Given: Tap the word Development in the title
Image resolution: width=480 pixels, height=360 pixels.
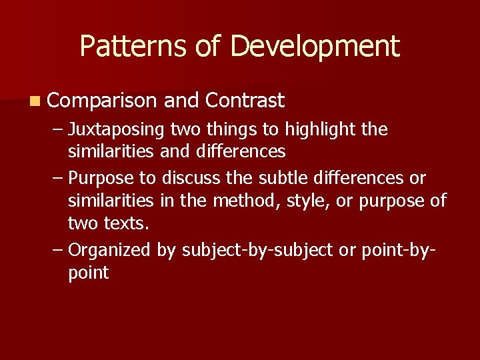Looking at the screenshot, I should tap(315, 47).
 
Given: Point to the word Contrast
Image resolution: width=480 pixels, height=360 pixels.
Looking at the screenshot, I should tap(245, 101).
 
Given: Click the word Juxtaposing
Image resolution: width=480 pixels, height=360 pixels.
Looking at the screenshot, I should tap(117, 129).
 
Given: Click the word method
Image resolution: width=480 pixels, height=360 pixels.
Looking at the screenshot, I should tap(255, 201).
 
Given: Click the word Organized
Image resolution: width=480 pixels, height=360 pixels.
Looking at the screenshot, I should tap(110, 251).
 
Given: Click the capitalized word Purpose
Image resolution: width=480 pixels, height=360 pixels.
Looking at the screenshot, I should tap(102, 179).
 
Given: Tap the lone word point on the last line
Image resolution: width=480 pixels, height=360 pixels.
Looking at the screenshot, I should tap(88, 273).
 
